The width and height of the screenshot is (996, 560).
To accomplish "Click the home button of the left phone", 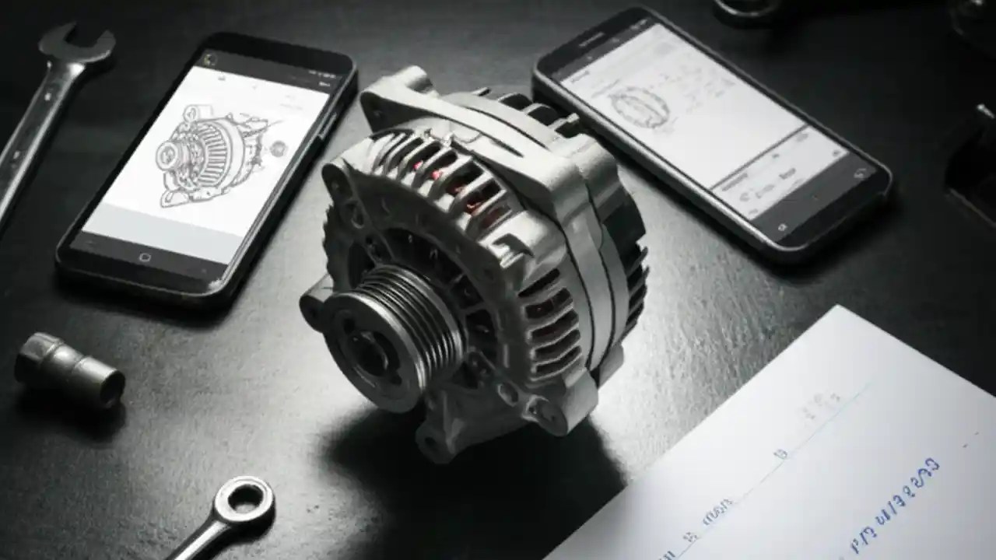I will pyautogui.click(x=145, y=257).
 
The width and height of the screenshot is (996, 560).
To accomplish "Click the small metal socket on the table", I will pyautogui.click(x=68, y=369).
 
